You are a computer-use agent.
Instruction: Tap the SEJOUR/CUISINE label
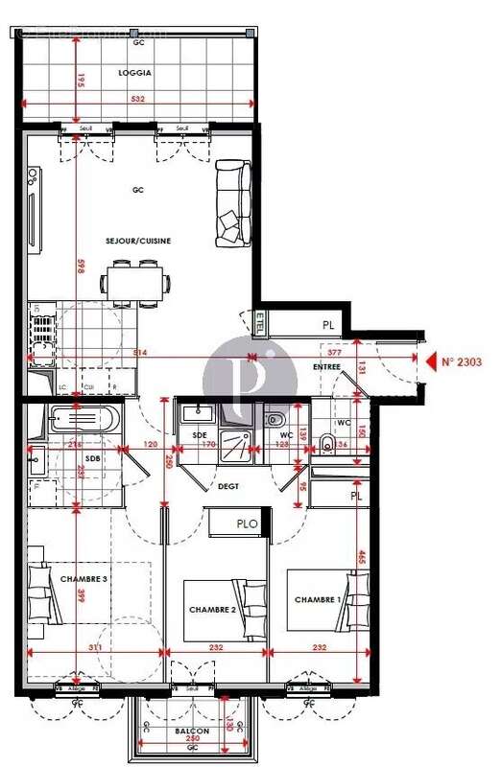pos(139,241)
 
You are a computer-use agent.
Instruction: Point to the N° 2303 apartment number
pos(460,362)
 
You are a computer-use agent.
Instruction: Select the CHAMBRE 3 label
pos(84,579)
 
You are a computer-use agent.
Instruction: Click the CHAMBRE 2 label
pos(212,610)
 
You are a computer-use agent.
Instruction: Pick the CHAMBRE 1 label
pos(318,599)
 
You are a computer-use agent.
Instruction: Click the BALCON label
pos(192,731)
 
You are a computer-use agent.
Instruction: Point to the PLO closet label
pos(247,523)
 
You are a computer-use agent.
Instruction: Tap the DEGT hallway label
pos(228,486)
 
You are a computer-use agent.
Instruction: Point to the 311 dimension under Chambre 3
pos(94,648)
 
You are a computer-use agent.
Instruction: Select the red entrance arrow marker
pos(428,361)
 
